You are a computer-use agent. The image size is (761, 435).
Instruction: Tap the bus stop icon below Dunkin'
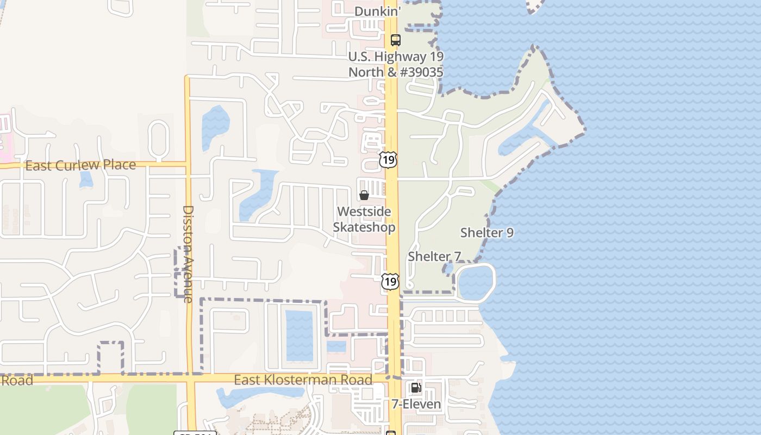click(x=395, y=40)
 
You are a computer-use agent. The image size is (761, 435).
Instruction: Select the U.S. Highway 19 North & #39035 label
click(x=396, y=64)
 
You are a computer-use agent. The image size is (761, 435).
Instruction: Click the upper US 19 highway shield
click(x=388, y=159)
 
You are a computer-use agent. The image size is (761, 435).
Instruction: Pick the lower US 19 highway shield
click(x=389, y=281)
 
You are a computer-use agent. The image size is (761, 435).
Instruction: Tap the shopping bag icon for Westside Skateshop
click(x=364, y=195)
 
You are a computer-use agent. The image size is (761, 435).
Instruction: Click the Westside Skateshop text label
click(x=364, y=219)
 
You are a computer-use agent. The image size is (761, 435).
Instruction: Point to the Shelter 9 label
click(x=486, y=233)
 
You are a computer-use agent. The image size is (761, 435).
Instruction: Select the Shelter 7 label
click(x=434, y=257)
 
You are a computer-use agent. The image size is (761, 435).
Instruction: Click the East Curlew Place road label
click(x=80, y=165)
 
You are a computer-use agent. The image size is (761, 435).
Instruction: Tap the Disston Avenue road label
click(x=188, y=253)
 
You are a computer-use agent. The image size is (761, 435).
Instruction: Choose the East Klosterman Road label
click(x=303, y=380)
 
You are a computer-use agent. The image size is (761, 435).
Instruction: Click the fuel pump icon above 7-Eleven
click(x=416, y=388)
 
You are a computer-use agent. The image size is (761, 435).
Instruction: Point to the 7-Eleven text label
click(x=416, y=404)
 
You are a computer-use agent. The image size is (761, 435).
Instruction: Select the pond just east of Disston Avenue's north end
click(x=215, y=128)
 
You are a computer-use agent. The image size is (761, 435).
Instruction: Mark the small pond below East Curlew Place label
click(x=86, y=179)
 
